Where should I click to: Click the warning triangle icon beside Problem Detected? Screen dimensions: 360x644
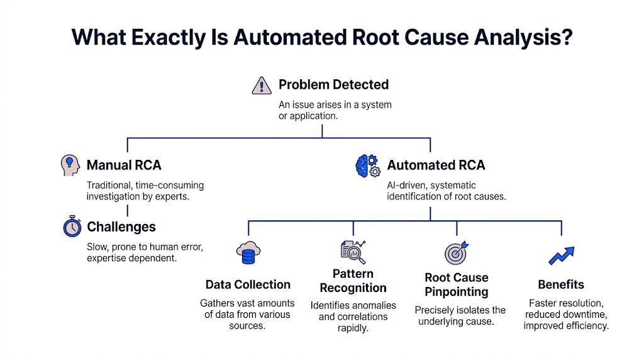tap(261, 85)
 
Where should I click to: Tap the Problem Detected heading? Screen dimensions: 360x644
tap(333, 84)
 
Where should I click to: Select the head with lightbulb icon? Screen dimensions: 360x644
tap(71, 165)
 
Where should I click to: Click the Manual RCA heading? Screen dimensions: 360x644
tap(124, 165)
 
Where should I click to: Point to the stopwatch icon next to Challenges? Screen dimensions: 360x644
tap(72, 227)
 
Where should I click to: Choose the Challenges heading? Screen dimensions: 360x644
tap(121, 227)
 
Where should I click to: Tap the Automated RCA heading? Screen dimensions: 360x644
tap(436, 166)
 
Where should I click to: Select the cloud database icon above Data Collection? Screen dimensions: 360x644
tap(248, 253)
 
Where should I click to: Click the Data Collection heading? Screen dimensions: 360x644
tap(248, 284)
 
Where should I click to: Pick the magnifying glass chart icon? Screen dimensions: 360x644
tap(353, 252)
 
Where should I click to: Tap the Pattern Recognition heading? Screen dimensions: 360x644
tap(353, 281)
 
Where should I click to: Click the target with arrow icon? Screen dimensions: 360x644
tap(457, 252)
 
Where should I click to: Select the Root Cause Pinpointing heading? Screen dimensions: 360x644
tap(457, 284)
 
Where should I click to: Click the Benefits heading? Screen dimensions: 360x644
tap(561, 284)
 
